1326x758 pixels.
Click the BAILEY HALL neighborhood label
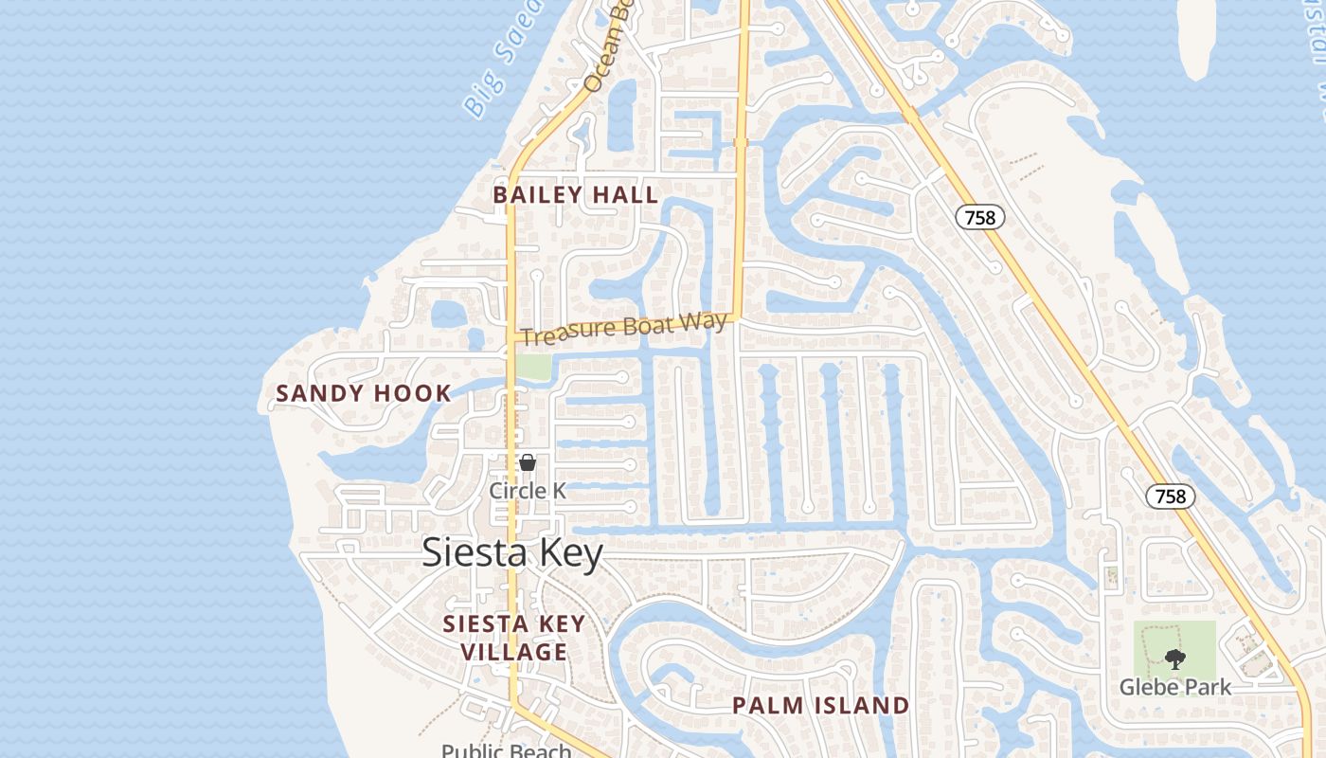(575, 195)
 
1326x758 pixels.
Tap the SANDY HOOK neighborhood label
(363, 393)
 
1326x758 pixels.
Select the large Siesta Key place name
(511, 552)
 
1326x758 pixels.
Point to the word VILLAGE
(513, 652)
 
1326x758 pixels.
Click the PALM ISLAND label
(820, 706)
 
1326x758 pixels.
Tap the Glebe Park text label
(1175, 687)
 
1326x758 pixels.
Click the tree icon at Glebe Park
(1175, 659)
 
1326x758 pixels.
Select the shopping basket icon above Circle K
(528, 462)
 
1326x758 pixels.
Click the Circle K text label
(528, 490)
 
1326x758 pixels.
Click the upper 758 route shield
(979, 218)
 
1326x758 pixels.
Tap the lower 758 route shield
(1171, 496)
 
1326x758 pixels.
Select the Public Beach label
(506, 750)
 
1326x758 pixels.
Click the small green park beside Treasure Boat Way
(533, 367)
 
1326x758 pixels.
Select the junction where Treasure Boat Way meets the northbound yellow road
(736, 319)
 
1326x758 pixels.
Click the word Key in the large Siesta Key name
(569, 552)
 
